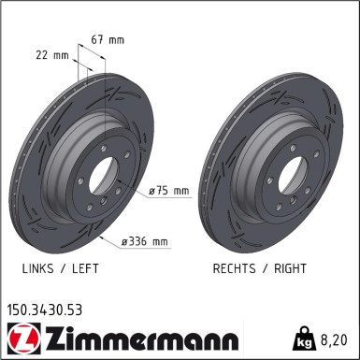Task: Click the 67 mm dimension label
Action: pyautogui.click(x=109, y=39)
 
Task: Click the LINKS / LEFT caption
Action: pyautogui.click(x=60, y=267)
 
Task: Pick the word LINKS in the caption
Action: pyautogui.click(x=37, y=267)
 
